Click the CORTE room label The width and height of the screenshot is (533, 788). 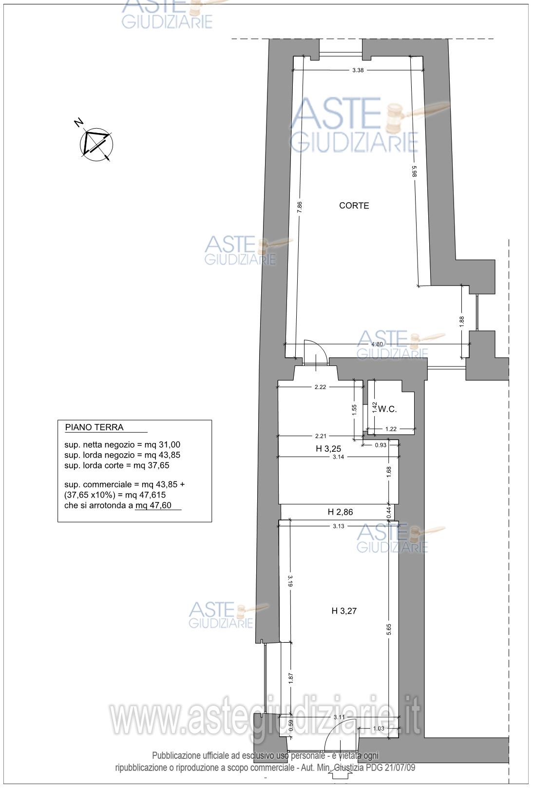354,206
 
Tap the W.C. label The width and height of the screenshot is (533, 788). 387,409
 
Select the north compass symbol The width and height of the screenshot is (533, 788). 95,142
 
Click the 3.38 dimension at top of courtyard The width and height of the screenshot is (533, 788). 358,70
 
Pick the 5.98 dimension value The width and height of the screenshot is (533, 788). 414,172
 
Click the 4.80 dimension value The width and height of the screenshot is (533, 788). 377,344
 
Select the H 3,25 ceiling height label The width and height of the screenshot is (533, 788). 328,448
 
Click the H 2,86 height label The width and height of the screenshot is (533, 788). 340,512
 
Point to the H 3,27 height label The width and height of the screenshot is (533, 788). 344,611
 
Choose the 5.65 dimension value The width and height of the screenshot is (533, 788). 388,630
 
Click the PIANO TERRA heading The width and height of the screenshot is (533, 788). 95,427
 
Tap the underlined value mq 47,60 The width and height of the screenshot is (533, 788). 154,505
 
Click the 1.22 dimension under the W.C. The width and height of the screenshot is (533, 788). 391,429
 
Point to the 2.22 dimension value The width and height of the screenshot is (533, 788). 320,387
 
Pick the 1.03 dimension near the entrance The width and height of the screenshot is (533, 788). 379,728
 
